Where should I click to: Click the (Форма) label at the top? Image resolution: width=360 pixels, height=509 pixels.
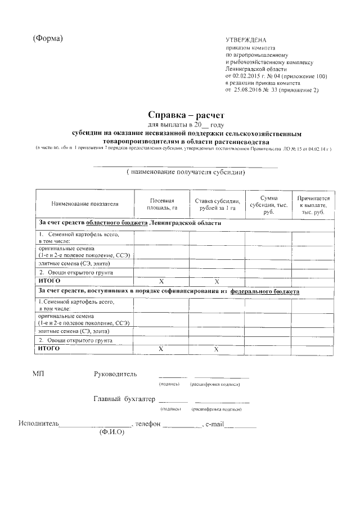click(47, 38)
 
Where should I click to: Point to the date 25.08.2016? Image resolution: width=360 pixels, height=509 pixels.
click(249, 89)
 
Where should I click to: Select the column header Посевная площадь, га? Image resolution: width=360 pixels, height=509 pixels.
click(161, 204)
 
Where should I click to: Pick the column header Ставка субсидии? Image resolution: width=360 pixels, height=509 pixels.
click(217, 204)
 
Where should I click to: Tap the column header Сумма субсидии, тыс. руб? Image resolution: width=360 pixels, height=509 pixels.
click(268, 204)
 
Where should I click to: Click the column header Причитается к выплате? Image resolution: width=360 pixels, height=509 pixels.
click(313, 204)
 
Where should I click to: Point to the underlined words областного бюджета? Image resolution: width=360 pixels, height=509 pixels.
click(116, 223)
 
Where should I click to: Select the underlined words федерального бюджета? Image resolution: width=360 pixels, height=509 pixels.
click(264, 292)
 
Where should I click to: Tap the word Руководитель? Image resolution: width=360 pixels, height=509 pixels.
click(115, 373)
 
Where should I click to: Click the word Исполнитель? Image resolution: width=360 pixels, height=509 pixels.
click(38, 423)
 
